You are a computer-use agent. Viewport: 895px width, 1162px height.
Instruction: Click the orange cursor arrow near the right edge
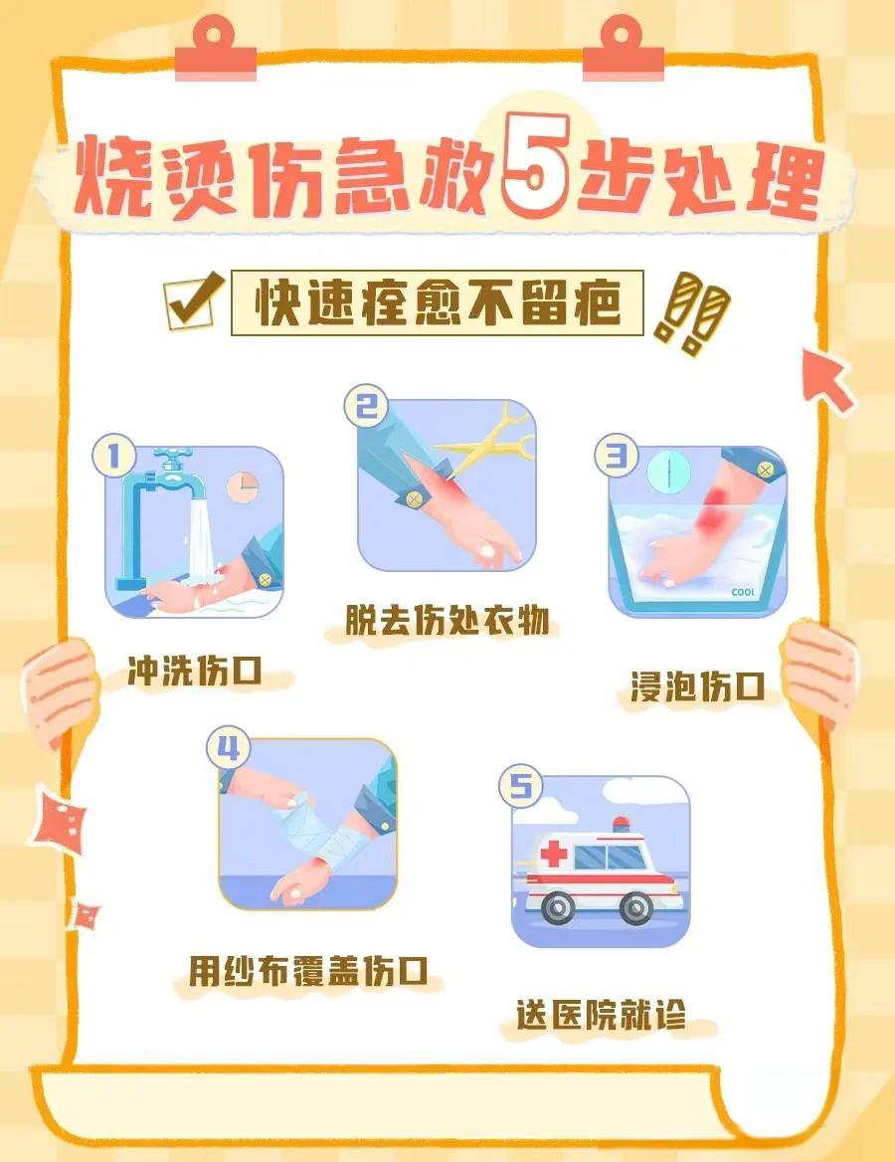pyautogui.click(x=828, y=379)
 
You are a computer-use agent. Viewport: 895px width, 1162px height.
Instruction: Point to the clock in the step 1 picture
pyautogui.click(x=242, y=485)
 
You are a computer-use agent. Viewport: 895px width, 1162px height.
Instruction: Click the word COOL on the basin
pyautogui.click(x=743, y=591)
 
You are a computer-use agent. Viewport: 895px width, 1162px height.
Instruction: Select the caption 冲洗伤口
pyautogui.click(x=194, y=673)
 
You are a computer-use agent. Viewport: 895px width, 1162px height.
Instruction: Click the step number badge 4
pyautogui.click(x=228, y=748)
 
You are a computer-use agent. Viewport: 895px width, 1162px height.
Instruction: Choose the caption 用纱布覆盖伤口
pyautogui.click(x=308, y=971)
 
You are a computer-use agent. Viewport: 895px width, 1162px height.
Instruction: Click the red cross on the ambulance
pyautogui.click(x=552, y=854)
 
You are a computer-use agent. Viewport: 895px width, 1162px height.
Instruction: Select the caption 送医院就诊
pyautogui.click(x=601, y=1015)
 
